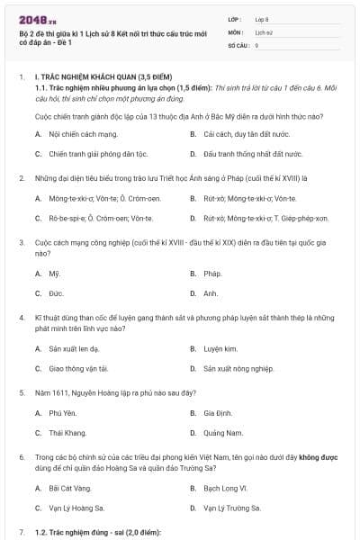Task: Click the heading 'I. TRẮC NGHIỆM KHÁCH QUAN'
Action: tap(101, 78)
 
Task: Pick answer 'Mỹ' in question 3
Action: tap(54, 273)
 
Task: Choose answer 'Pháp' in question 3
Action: tap(212, 273)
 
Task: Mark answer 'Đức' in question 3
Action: tap(55, 292)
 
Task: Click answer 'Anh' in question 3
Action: tap(211, 292)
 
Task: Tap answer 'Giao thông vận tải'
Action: tap(78, 367)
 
